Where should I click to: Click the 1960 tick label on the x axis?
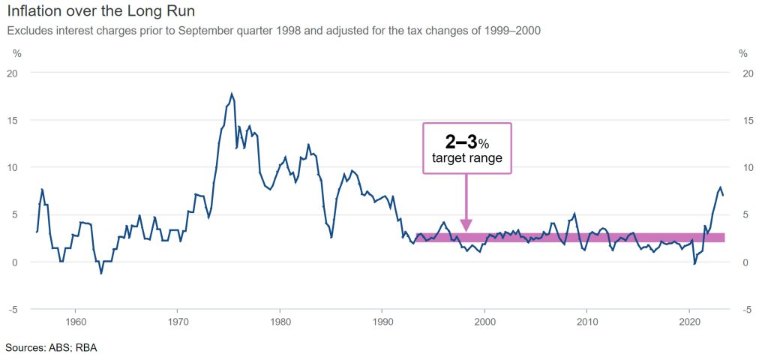click(x=74, y=321)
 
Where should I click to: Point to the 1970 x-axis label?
click(x=177, y=321)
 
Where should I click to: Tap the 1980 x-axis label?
click(x=280, y=321)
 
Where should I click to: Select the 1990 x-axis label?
click(x=382, y=321)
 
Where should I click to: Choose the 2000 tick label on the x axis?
click(x=485, y=321)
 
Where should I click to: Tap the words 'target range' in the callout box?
click(x=466, y=158)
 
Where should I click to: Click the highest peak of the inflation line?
click(x=232, y=94)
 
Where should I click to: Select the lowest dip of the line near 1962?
click(x=101, y=273)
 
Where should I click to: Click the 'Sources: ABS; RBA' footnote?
click(x=51, y=348)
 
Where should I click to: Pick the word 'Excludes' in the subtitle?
click(x=28, y=31)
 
